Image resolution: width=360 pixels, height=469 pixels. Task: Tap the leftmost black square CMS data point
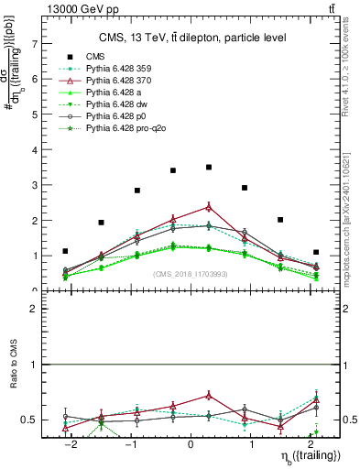coord(65,251)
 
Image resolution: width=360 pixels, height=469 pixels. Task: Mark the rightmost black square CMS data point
coord(316,252)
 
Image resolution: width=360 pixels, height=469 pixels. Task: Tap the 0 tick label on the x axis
coord(191,442)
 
